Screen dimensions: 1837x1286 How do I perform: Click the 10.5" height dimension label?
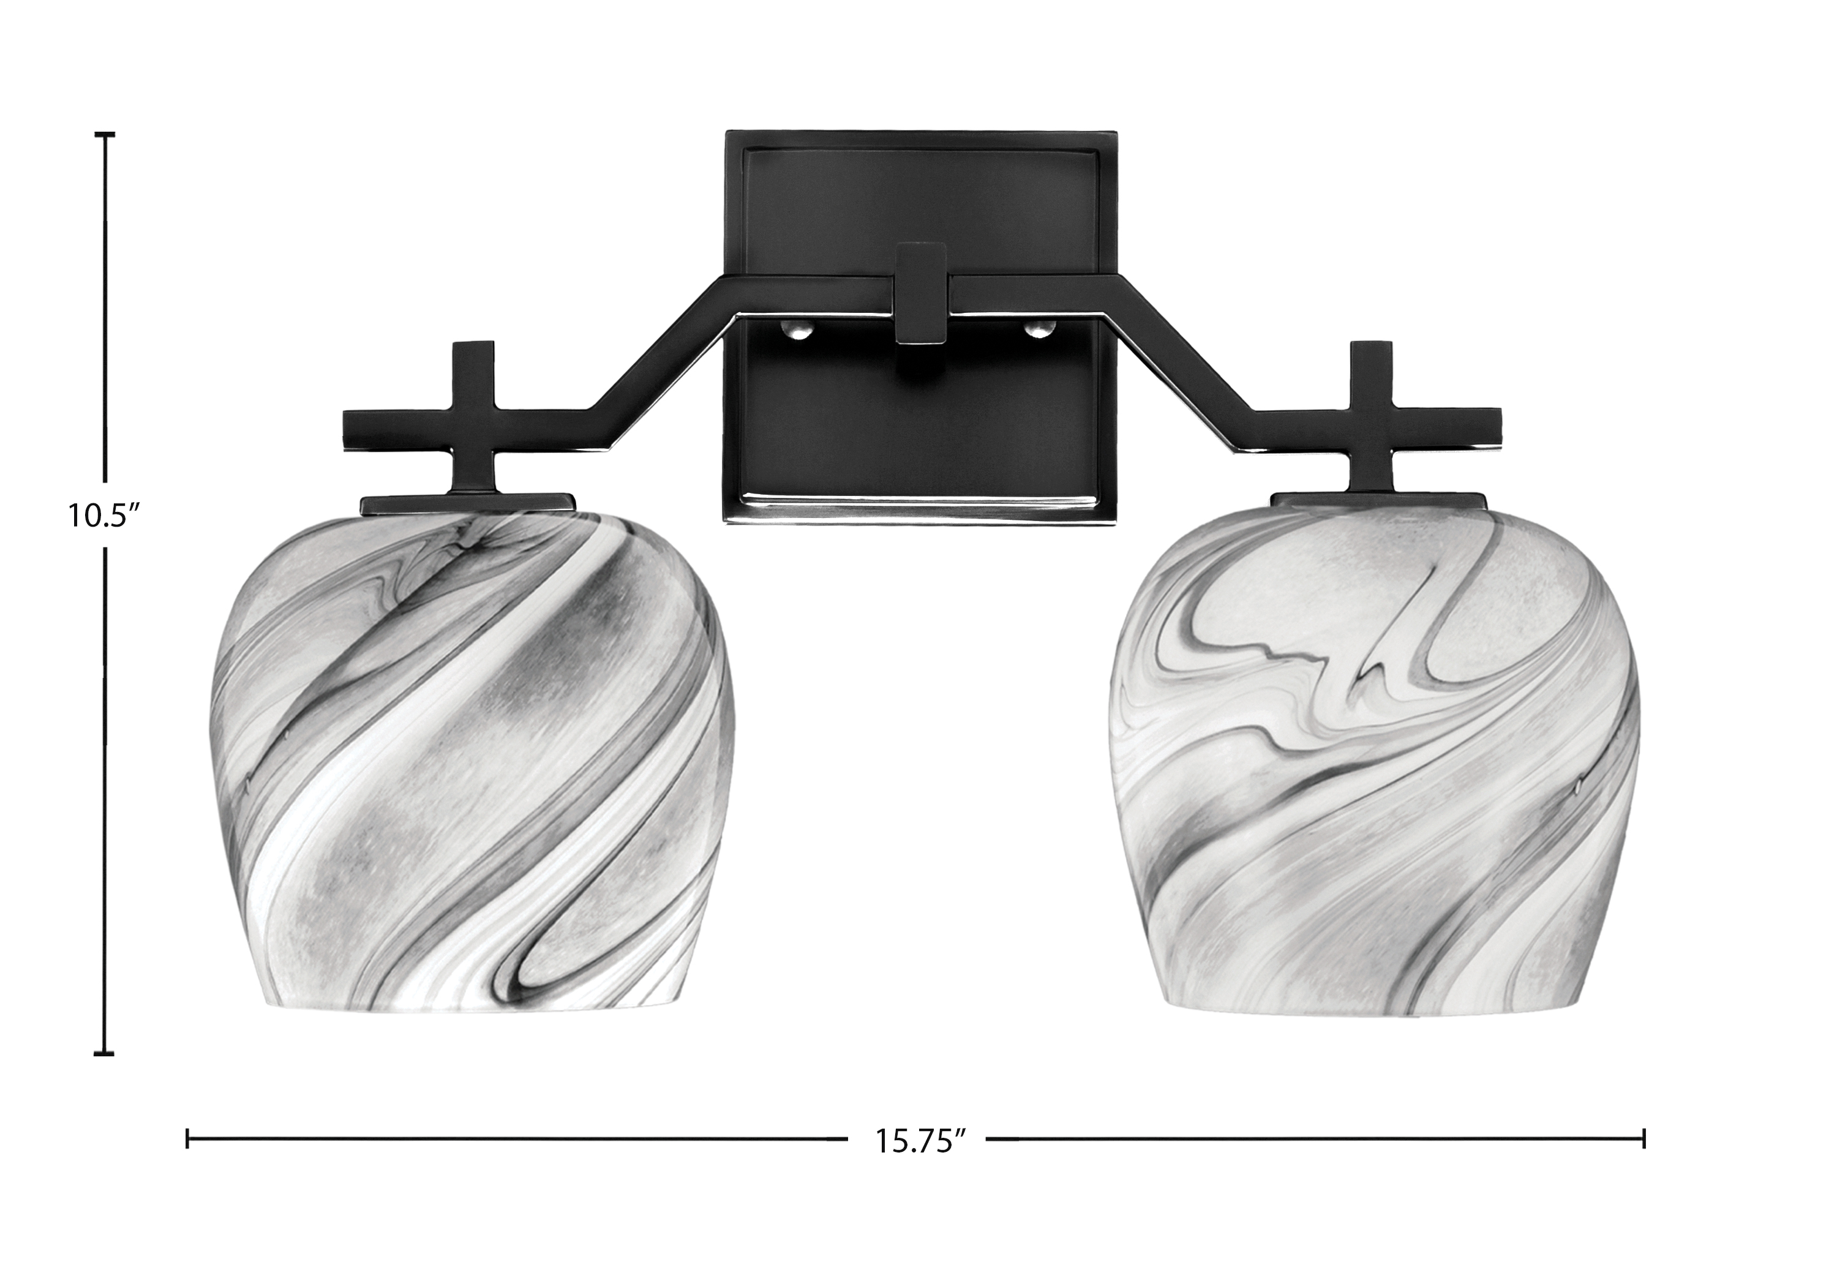pyautogui.click(x=103, y=514)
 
